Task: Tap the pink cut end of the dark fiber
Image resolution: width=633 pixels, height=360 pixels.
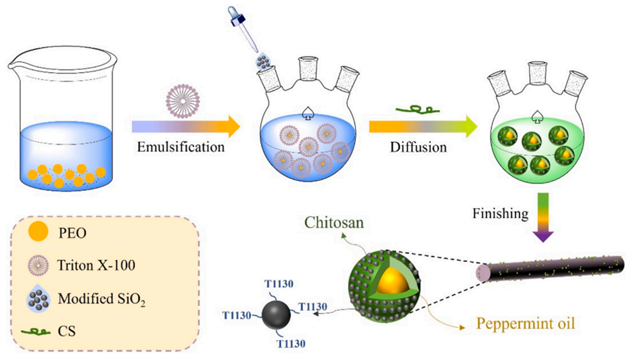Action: [480, 272]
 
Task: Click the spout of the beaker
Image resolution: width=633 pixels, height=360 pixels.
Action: [15, 63]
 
